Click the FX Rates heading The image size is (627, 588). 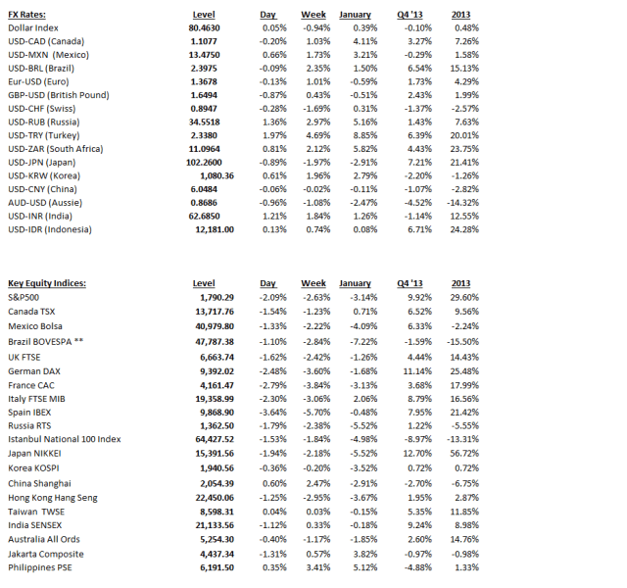(28, 15)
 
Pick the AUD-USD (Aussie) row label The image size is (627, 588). (49, 202)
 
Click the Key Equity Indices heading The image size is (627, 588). (47, 283)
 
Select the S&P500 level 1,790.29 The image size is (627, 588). (217, 297)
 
